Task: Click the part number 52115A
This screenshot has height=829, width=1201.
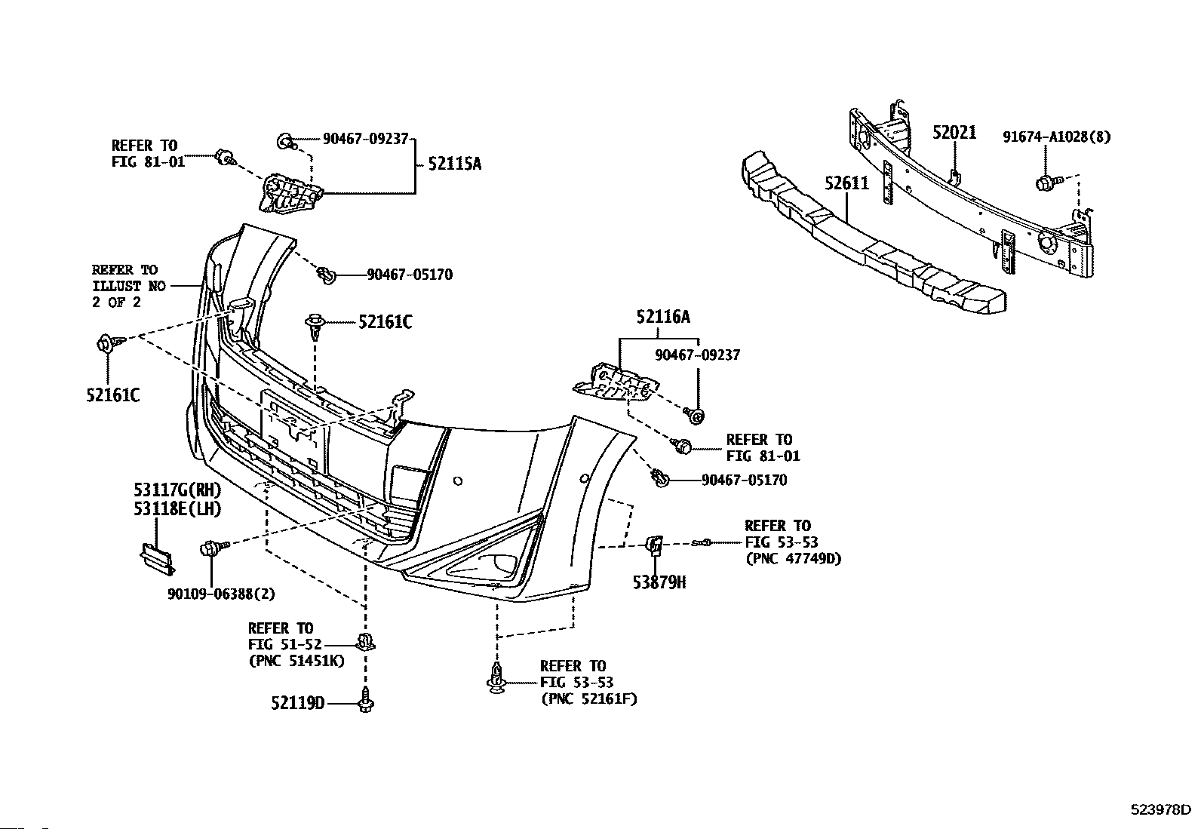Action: coord(455,164)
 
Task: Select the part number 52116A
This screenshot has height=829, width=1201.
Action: coord(663,317)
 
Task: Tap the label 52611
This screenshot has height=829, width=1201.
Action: coord(846,183)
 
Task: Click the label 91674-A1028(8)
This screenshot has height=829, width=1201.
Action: coord(1057,137)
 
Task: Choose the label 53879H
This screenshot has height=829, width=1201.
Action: coord(659,582)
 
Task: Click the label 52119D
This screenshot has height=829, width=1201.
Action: coord(297,702)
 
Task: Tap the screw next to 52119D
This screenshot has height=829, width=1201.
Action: coord(366,700)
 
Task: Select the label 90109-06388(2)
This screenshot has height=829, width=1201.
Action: coord(221,594)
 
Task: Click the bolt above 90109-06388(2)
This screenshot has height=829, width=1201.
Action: coord(213,548)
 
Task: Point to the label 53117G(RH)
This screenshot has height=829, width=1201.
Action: coord(177,490)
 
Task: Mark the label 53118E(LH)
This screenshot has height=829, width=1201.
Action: coord(177,508)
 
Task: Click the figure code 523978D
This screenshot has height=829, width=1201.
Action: coord(1160,809)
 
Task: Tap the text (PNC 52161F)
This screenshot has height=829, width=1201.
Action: coord(589,699)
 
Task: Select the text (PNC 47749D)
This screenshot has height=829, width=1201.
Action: coord(794,559)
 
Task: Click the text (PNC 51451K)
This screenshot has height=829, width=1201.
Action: coord(296,661)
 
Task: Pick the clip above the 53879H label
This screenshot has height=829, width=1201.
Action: coord(655,545)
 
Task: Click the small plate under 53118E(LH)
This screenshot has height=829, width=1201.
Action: coord(157,559)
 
